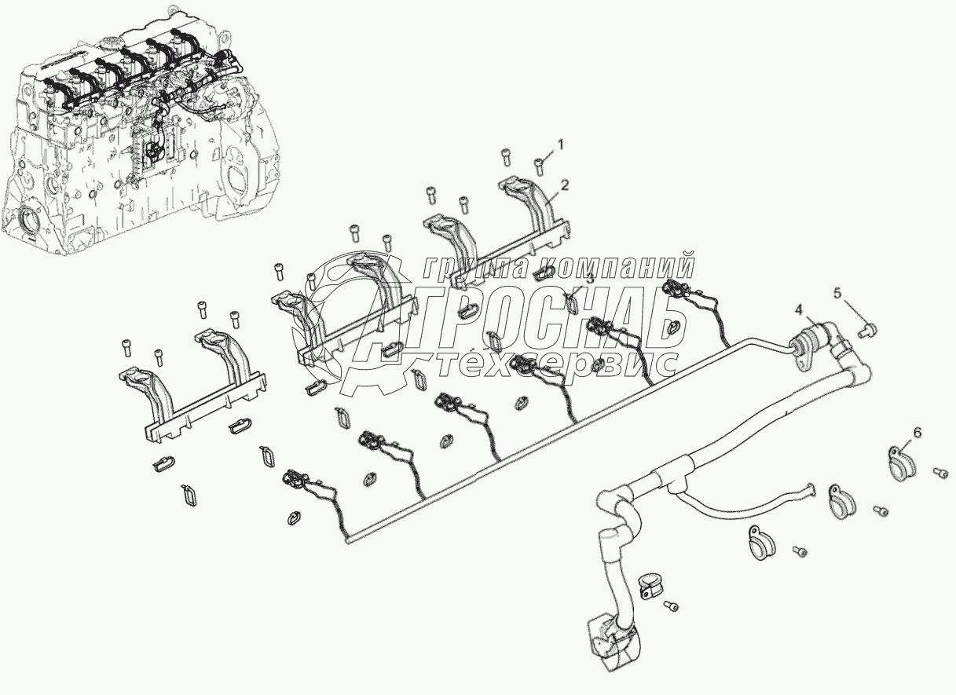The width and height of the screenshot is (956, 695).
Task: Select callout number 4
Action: tap(798, 310)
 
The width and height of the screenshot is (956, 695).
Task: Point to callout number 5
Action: tap(837, 293)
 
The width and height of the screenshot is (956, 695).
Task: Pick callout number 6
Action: tap(917, 432)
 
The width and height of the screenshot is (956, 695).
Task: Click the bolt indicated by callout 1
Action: tap(539, 164)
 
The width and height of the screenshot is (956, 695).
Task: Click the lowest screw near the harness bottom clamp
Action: tap(671, 605)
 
